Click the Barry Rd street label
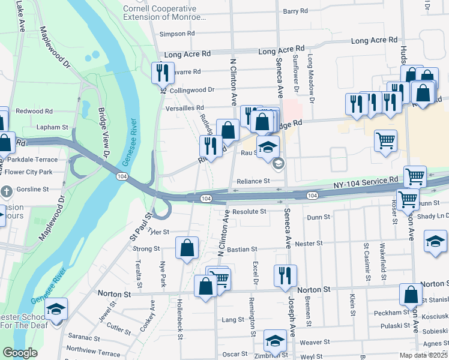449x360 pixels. [x=295, y=11]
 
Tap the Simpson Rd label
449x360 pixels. [x=178, y=34]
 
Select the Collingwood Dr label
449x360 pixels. [x=192, y=90]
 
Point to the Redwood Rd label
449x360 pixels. [x=34, y=111]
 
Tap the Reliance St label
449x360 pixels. [x=253, y=181]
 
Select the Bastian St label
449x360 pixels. [x=242, y=249]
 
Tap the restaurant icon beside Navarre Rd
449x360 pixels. [x=163, y=73]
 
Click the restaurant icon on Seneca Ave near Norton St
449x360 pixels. [x=285, y=275]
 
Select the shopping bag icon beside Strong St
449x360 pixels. [x=187, y=247]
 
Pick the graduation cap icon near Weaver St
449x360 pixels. [x=275, y=341]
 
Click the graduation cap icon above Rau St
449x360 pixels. [x=268, y=145]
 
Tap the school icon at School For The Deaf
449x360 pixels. [x=56, y=309]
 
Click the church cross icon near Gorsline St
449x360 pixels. [x=7, y=192]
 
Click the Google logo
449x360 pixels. [x=20, y=353]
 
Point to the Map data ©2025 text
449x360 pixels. [x=423, y=355]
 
